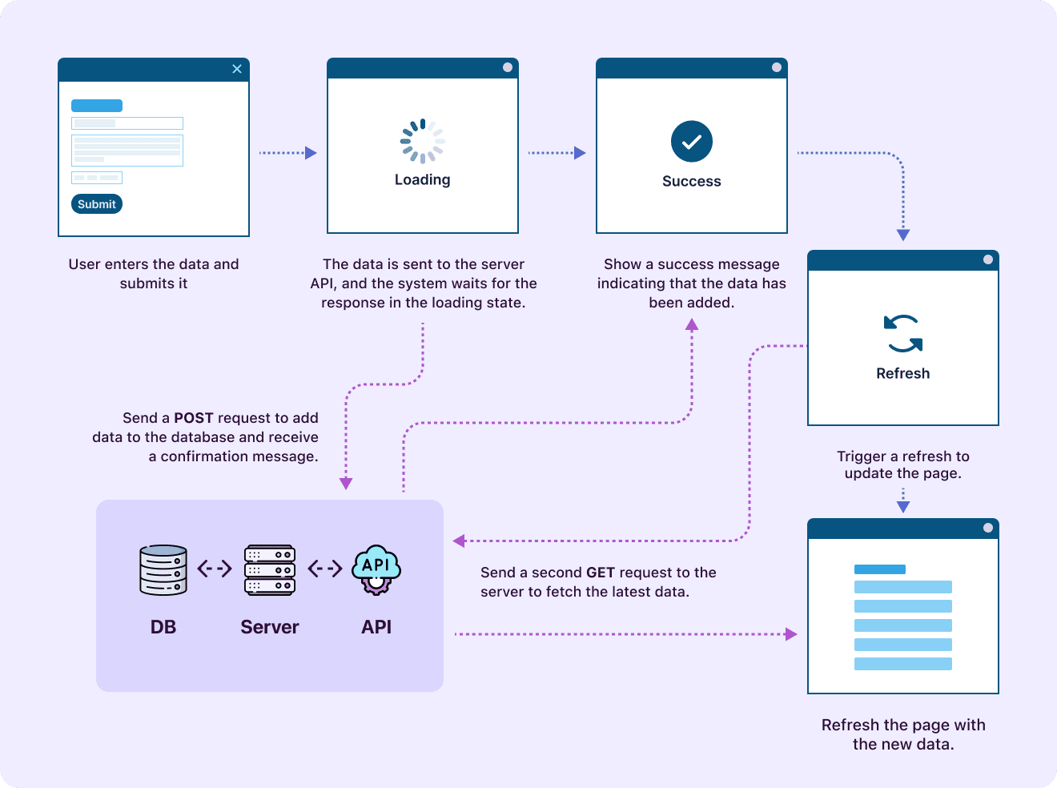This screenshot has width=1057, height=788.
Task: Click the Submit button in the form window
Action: [x=97, y=204]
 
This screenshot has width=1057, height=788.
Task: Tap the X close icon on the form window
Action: [x=237, y=69]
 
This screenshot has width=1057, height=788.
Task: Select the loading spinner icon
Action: [x=423, y=142]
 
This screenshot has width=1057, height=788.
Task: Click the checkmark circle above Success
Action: [x=692, y=142]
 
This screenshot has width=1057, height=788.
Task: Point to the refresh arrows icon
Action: [x=903, y=334]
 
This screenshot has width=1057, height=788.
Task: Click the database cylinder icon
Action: [x=163, y=570]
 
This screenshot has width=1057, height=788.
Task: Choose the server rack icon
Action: [x=270, y=570]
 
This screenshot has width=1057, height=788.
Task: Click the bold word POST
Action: [x=194, y=418]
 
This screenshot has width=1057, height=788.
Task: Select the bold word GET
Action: [x=601, y=573]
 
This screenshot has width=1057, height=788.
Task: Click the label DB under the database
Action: [x=163, y=627]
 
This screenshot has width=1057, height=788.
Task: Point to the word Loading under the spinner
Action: [x=423, y=180]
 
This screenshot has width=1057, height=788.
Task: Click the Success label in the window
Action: [x=692, y=182]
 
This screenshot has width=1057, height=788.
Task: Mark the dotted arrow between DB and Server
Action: [x=215, y=569]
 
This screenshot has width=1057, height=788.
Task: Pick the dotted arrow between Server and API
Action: [x=325, y=569]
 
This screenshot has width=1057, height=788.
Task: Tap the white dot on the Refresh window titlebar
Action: [x=988, y=259]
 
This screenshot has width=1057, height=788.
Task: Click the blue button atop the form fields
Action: [x=97, y=106]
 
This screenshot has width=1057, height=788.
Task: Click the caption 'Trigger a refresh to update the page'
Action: [x=903, y=464]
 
